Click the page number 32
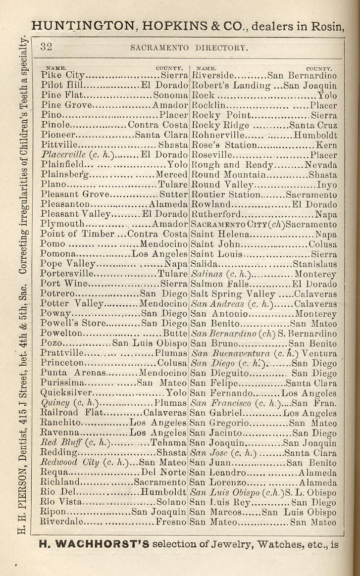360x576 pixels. [x=47, y=47]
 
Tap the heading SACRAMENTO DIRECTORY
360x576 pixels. [x=188, y=48]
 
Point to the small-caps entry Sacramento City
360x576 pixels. [x=228, y=224]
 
